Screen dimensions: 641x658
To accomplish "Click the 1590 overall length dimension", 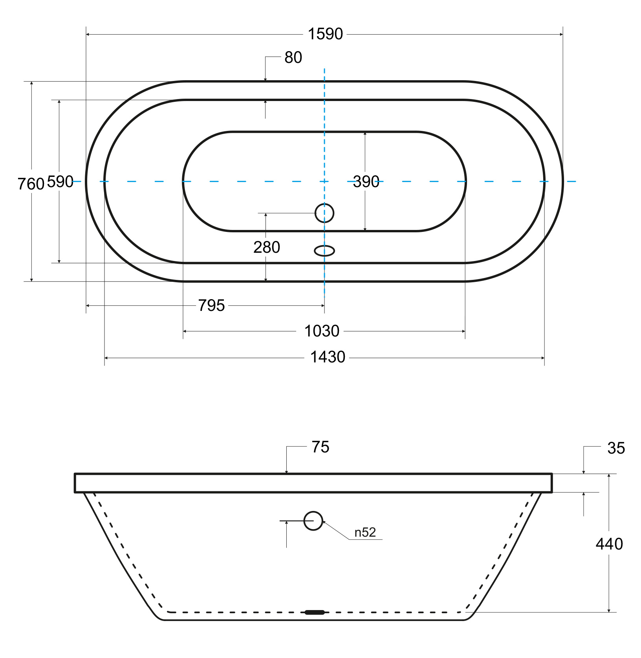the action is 325,34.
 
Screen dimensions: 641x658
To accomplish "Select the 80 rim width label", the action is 293,57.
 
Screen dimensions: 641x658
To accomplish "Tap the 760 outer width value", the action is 31,184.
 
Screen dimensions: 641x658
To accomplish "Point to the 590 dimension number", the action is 60,182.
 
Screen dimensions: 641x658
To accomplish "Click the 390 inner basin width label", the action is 366,182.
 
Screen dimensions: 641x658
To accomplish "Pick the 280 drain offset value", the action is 267,247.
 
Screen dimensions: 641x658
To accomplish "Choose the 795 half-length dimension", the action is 211,305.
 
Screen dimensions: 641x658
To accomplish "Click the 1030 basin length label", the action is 322,331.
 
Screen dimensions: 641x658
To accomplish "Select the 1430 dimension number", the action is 328,357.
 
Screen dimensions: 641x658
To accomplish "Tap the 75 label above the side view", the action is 320,447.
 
